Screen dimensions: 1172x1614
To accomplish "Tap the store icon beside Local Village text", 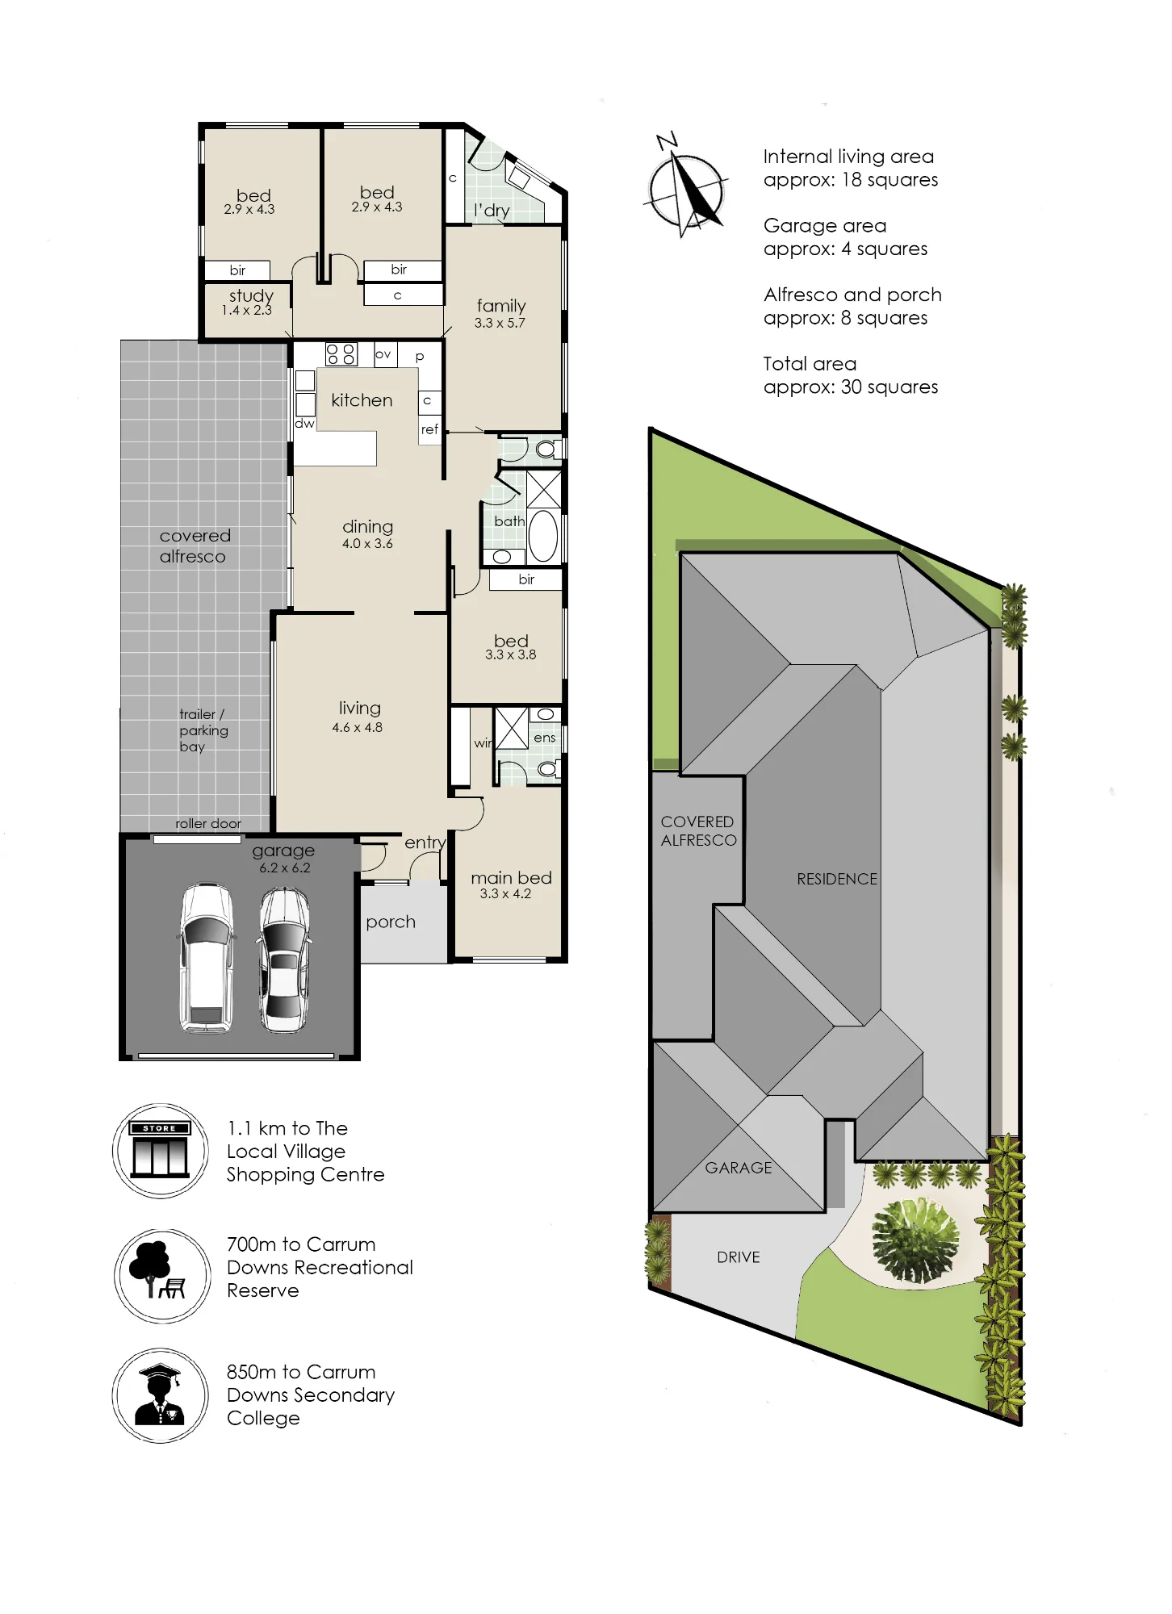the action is [161, 1150].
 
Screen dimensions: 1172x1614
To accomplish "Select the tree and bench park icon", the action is [162, 1275].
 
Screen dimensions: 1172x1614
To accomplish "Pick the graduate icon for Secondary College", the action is [161, 1395].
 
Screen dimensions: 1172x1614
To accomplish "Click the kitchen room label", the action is [362, 400].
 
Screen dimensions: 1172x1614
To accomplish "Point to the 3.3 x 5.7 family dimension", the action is [500, 323].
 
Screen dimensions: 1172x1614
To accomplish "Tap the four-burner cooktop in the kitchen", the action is [341, 353].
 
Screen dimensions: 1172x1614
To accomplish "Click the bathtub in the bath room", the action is [544, 535].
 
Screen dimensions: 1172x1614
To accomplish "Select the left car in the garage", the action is [207, 958].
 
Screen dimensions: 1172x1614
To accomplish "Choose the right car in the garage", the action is [284, 960].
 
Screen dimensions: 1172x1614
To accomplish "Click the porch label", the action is [391, 922].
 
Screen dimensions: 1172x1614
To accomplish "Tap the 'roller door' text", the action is [208, 824].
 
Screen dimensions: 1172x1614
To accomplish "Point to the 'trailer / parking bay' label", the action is [203, 730].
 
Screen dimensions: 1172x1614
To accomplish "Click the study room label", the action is [251, 296].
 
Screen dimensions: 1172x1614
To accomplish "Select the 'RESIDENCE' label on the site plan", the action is [837, 879].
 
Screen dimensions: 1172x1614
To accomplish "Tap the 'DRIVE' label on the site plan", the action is [739, 1257].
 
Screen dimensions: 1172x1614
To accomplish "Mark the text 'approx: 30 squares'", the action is [851, 387].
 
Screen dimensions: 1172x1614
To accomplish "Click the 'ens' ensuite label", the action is [545, 738].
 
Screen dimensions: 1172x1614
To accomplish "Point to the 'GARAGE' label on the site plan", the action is [739, 1168].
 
